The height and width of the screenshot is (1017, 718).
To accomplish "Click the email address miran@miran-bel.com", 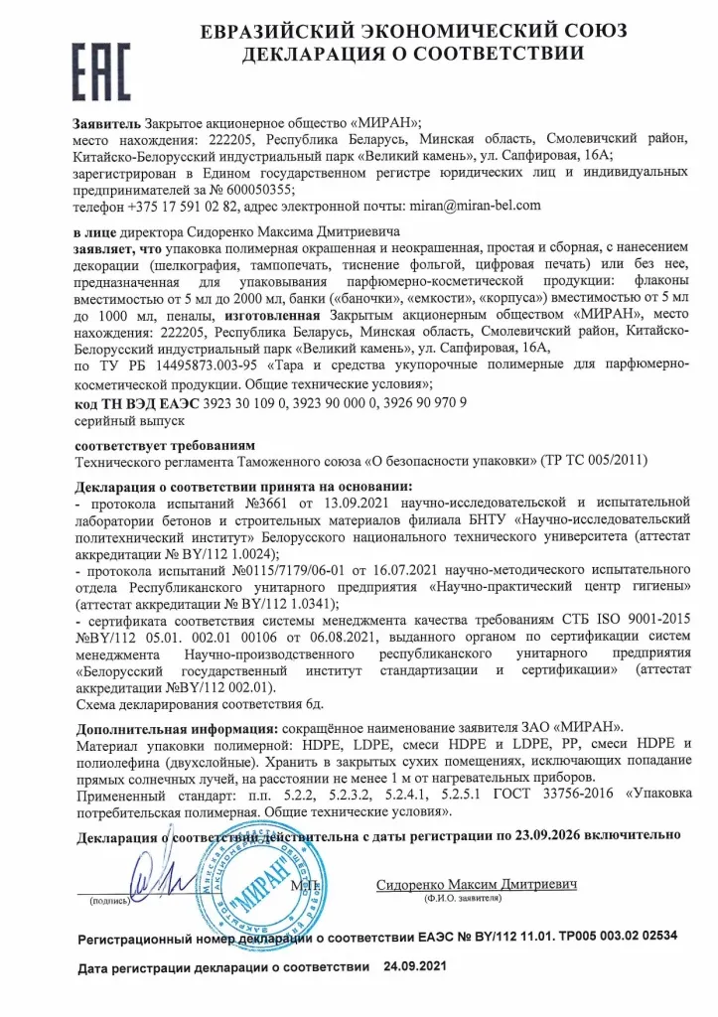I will click(475, 206).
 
